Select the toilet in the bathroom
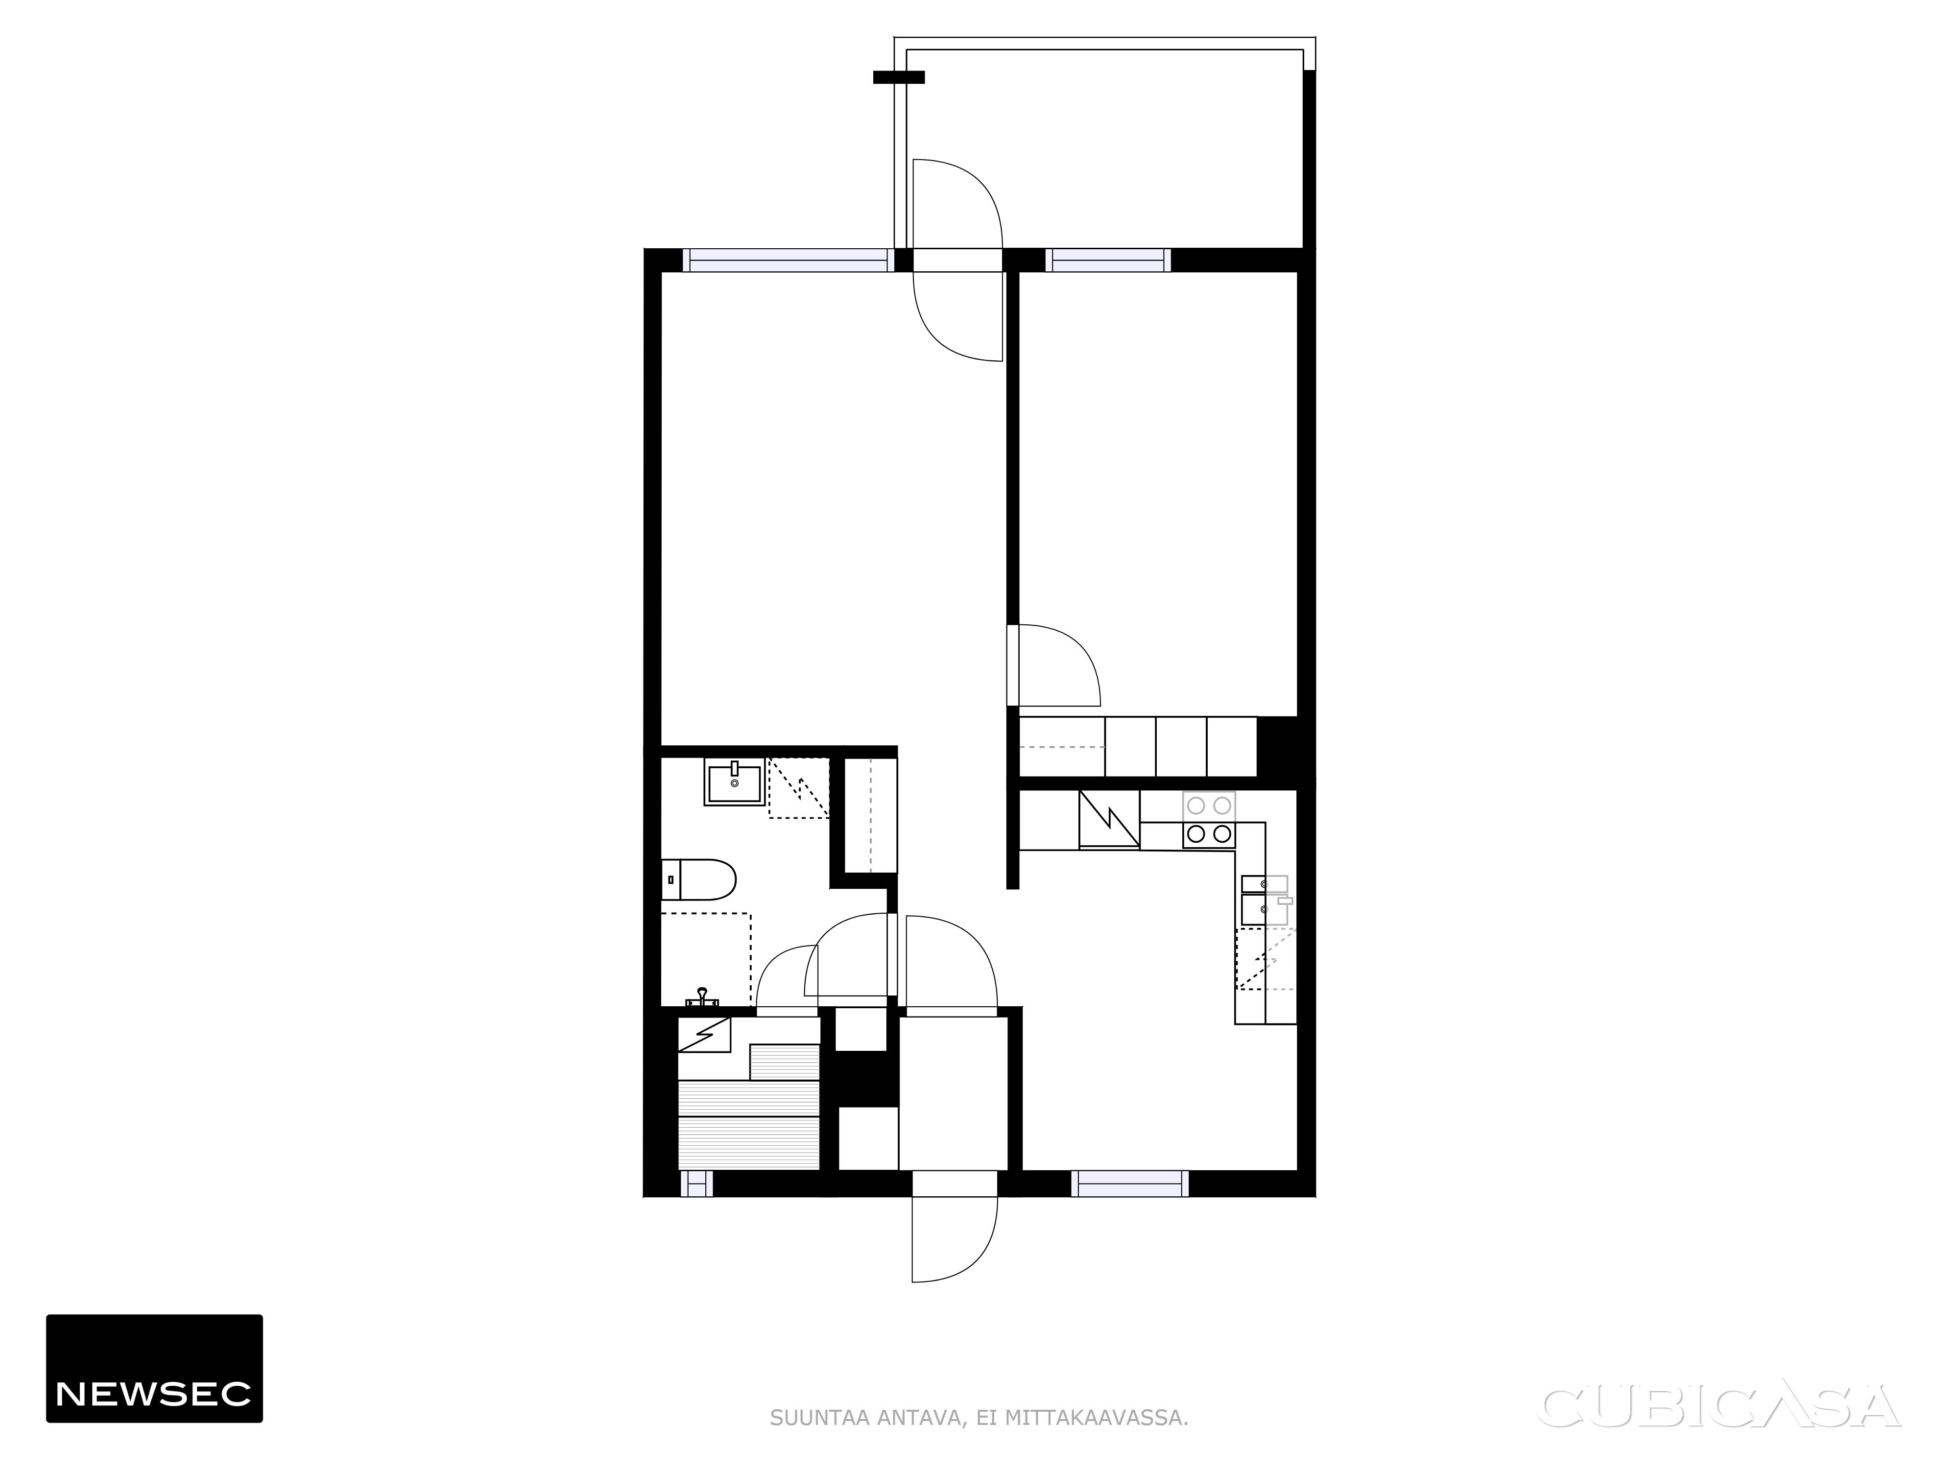click(x=699, y=879)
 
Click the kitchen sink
click(x=1265, y=899)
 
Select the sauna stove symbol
click(x=704, y=1034)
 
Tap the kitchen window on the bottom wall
click(x=1129, y=1183)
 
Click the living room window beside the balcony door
click(x=788, y=261)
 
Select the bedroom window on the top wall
click(x=1107, y=261)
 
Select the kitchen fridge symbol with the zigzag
click(x=1109, y=819)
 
